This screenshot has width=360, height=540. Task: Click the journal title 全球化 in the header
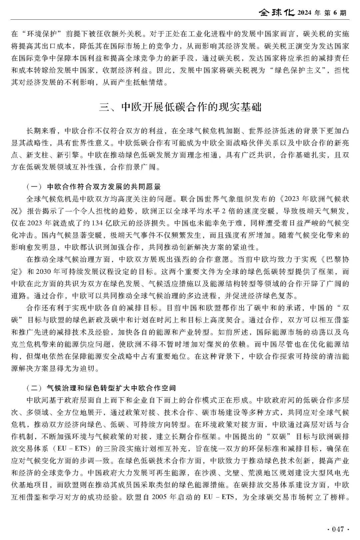coord(276,13)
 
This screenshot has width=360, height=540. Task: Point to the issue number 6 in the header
coord(335,13)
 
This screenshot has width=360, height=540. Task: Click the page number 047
coord(337,529)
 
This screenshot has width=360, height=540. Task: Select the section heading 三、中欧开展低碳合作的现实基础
coord(180,107)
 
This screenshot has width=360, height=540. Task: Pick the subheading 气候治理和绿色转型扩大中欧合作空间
coord(111,388)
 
